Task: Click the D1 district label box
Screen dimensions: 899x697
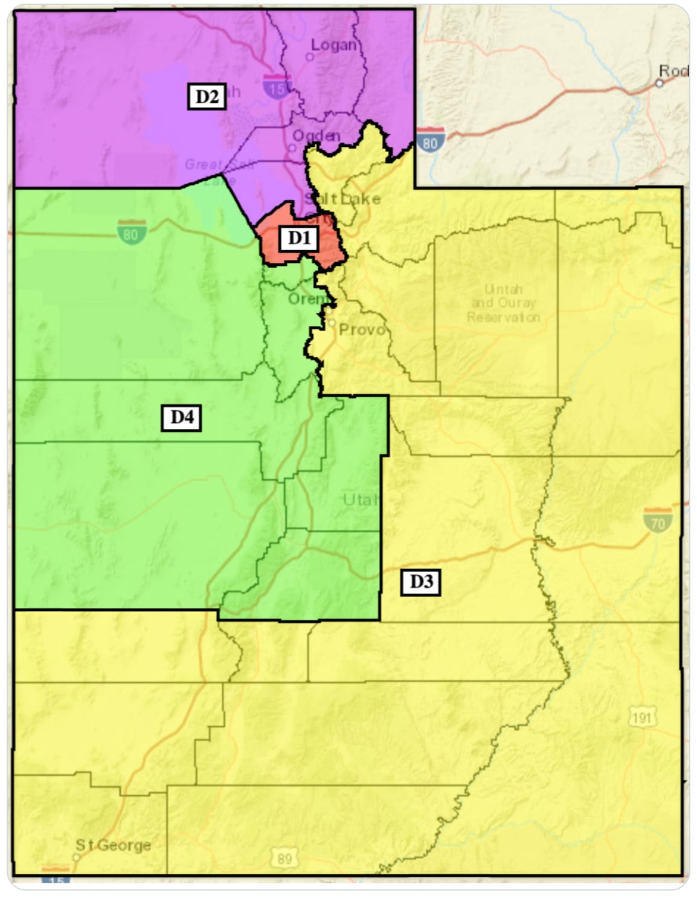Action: pos(298,239)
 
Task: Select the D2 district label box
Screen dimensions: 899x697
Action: pos(207,96)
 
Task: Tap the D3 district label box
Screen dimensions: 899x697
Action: pos(421,582)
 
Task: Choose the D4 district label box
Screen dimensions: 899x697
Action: pos(181,417)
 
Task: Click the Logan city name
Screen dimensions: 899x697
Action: pos(333,44)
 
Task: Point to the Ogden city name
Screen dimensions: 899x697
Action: pos(316,135)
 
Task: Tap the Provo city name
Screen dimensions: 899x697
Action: pos(361,329)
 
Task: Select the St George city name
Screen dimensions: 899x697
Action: pos(113,845)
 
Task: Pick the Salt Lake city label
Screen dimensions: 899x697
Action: pos(343,199)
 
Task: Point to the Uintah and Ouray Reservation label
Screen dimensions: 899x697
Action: pos(503,303)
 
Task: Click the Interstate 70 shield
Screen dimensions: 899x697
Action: pos(657,520)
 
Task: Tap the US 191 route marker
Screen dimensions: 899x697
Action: pos(641,718)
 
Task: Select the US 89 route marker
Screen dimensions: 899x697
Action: pos(284,858)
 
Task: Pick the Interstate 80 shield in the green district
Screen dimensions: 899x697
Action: pos(130,233)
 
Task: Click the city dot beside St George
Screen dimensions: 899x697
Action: pos(77,857)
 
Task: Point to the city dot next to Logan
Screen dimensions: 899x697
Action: pos(309,57)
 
